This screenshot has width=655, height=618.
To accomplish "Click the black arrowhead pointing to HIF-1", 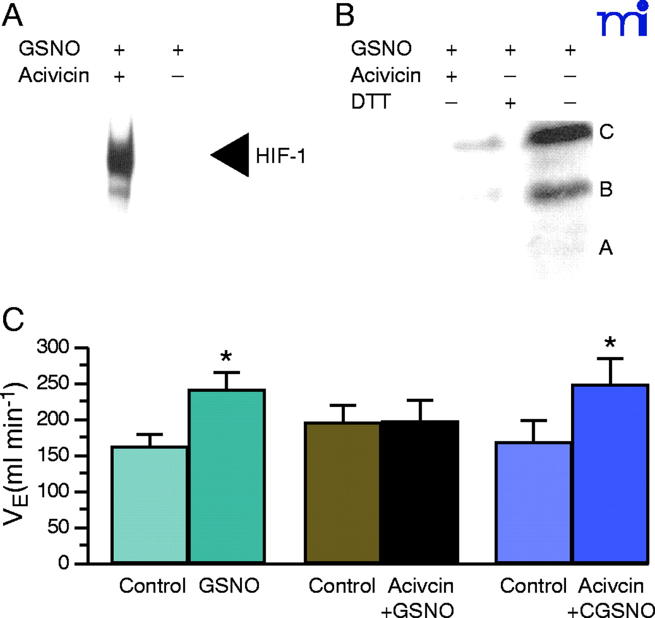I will tap(233, 155).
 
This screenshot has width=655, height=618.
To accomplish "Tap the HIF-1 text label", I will tap(280, 156).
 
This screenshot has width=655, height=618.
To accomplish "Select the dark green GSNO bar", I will tap(227, 476).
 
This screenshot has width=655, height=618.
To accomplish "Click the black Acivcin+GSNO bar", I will tap(419, 491).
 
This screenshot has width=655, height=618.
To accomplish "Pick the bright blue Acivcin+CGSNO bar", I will tap(610, 473).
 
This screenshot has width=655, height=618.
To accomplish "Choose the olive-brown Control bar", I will tap(342, 492).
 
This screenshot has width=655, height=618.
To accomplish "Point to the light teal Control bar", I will tap(149, 504).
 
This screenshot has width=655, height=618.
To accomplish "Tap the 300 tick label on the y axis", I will tap(53, 348).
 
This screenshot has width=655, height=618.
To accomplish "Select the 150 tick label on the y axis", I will tap(53, 455).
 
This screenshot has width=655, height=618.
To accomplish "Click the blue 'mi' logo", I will tap(622, 19).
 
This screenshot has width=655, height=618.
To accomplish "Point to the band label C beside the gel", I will tap(606, 132).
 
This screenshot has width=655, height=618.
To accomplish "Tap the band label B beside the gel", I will tap(606, 189).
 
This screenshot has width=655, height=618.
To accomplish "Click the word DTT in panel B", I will tap(370, 102).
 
